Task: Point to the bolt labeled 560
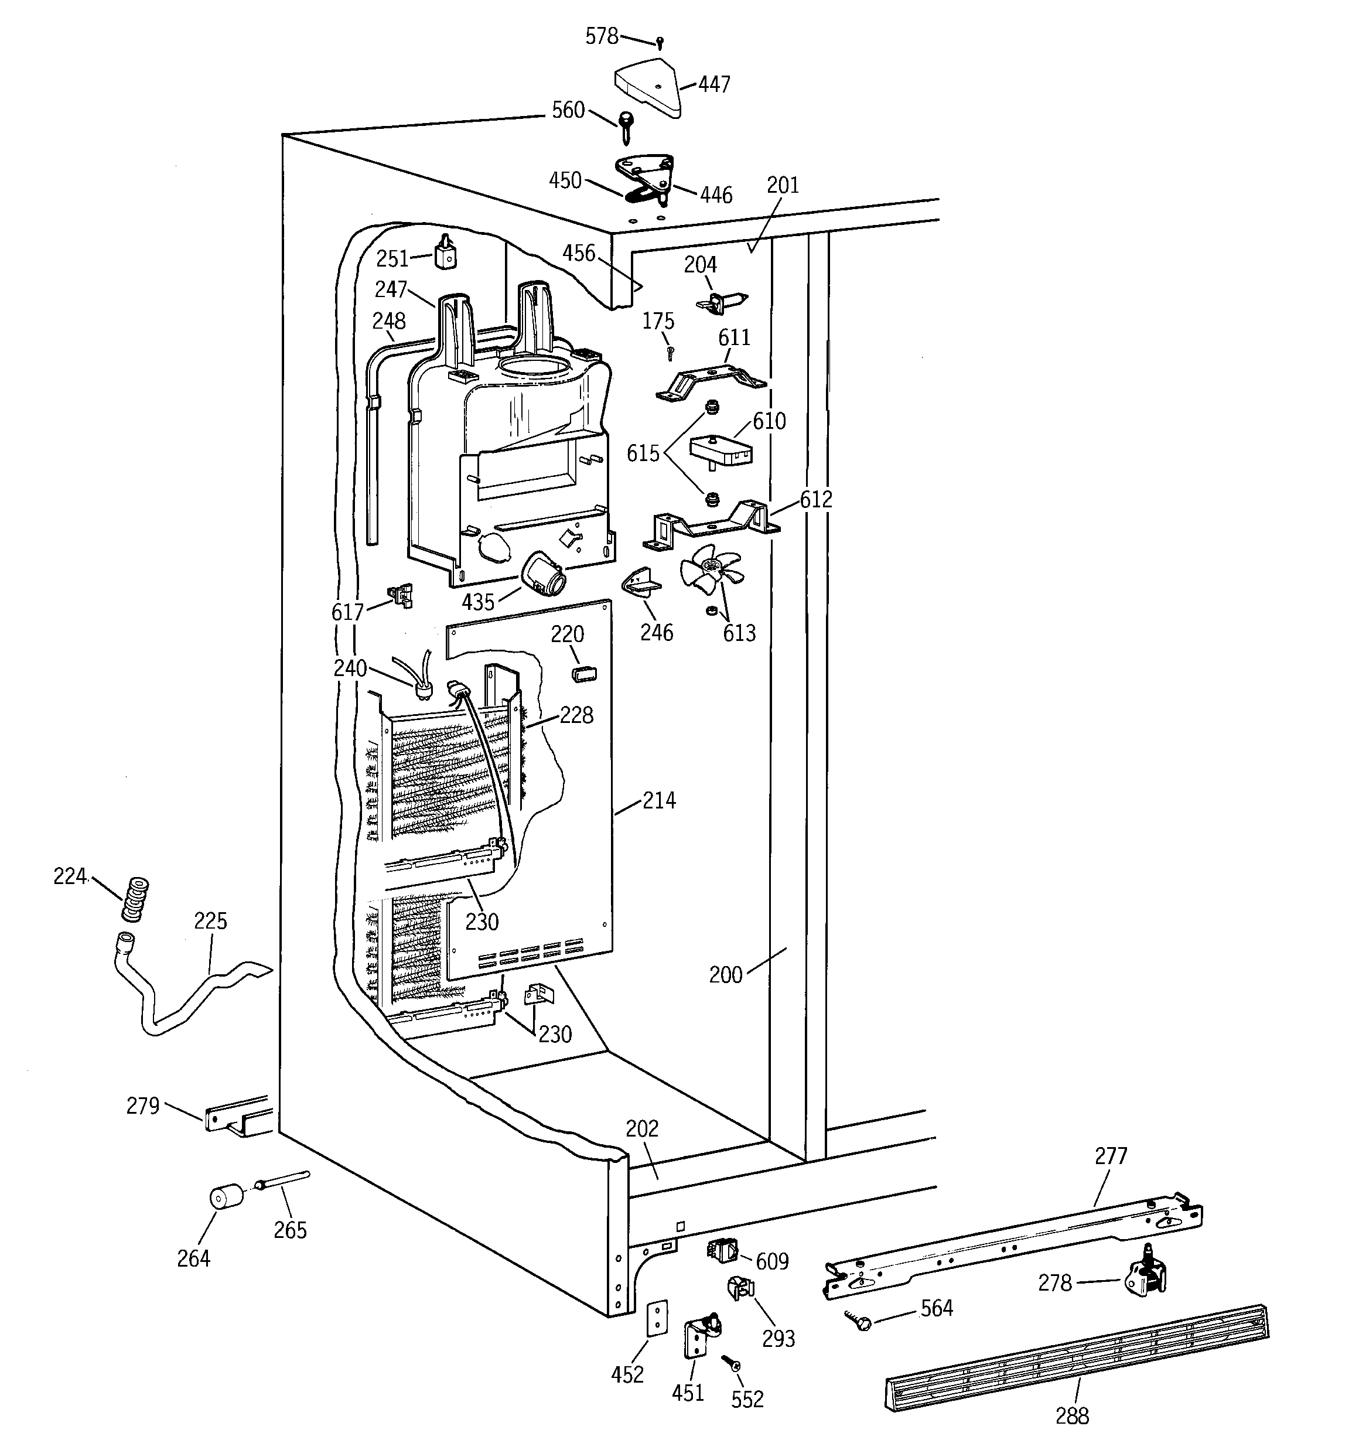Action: [x=626, y=125]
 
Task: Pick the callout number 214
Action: [x=659, y=800]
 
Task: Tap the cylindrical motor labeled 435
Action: [x=544, y=575]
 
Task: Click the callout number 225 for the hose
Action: [x=210, y=921]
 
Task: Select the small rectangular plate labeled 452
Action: [x=657, y=1319]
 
